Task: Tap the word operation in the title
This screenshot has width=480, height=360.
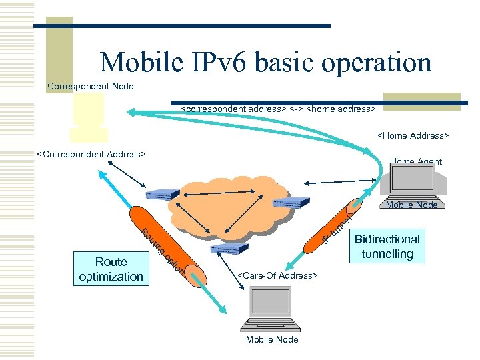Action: [x=377, y=63]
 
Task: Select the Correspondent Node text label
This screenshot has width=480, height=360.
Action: [x=91, y=86]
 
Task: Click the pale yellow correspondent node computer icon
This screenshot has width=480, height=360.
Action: [x=89, y=117]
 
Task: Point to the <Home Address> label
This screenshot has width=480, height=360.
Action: [x=413, y=135]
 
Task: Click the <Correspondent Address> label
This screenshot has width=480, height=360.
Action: [x=91, y=155]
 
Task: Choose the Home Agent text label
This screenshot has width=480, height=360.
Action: [x=415, y=161]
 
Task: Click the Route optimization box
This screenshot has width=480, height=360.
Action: [x=111, y=269]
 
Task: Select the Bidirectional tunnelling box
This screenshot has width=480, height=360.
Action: [x=387, y=246]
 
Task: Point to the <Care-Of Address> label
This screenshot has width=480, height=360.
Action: [x=278, y=275]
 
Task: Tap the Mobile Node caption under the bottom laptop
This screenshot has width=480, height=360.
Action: [x=272, y=339]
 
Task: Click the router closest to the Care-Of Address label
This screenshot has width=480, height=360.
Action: [x=229, y=250]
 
